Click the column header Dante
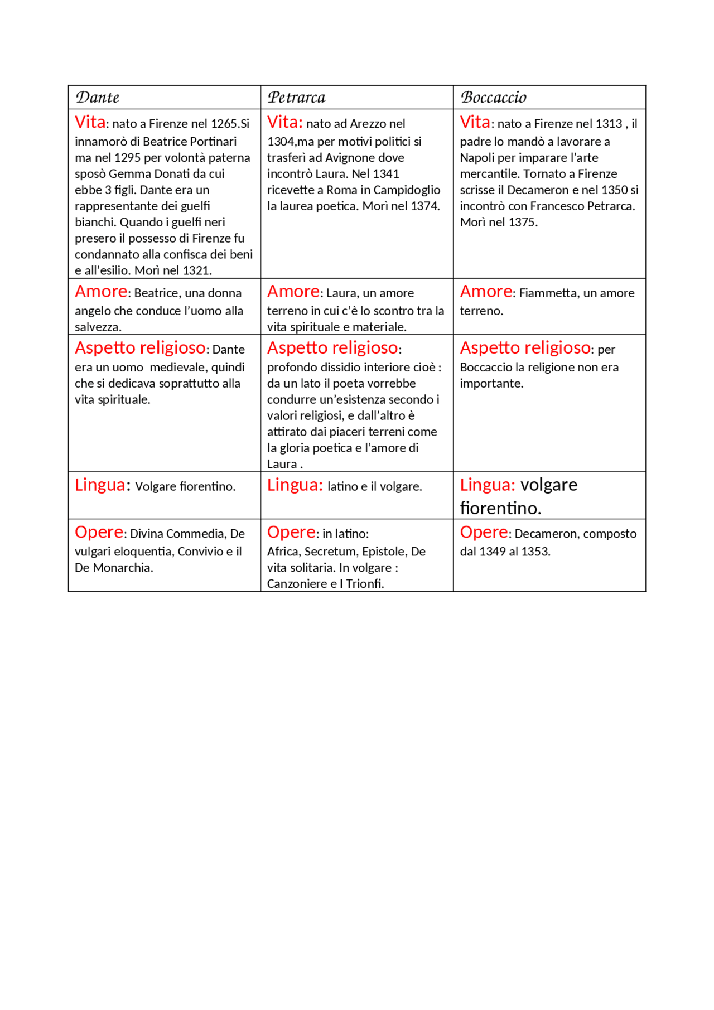pos(98,98)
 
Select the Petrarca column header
pos(296,98)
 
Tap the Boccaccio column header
pos(493,98)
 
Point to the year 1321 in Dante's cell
pos(197,271)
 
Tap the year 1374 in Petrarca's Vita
pos(424,206)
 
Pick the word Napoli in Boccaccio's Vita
pos(477,158)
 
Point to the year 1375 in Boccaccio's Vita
pos(523,223)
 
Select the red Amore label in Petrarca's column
pos(293,292)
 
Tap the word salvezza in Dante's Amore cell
pos(97,327)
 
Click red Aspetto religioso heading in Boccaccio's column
pos(525,348)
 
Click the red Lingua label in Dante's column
pos(100,485)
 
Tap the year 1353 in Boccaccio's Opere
pos(535,552)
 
